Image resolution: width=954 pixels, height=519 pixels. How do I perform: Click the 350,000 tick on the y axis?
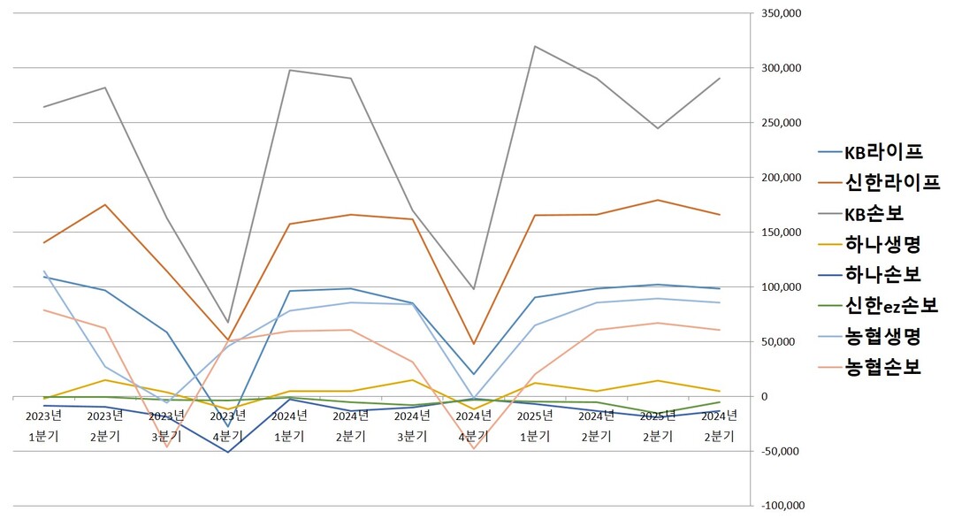pos(780,14)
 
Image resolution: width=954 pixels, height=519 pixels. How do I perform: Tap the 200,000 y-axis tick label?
pos(780,178)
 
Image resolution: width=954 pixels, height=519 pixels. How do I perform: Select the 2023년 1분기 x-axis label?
pos(43,425)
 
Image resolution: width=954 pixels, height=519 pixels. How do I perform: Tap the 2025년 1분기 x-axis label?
pos(535,425)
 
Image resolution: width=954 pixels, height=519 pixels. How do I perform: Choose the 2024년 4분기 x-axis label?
pos(473,425)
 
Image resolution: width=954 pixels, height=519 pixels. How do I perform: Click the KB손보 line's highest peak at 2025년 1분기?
pos(535,46)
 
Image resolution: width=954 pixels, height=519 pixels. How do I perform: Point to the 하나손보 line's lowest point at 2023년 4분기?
pos(228,453)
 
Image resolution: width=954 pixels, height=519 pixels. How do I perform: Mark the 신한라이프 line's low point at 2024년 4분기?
pos(473,344)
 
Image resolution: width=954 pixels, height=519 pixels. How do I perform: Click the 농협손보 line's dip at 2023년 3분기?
pos(166,446)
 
